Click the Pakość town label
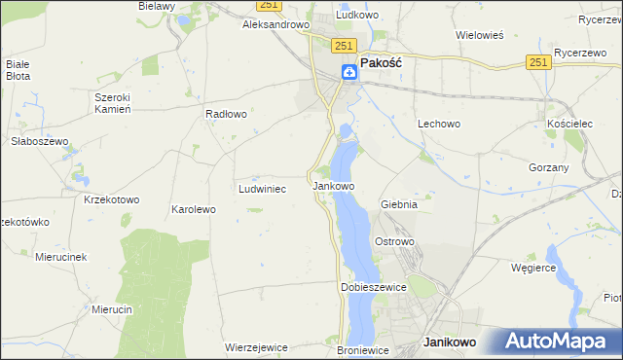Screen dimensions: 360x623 [x=383, y=61]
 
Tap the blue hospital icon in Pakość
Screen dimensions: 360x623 [x=348, y=72]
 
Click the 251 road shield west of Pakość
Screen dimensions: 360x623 [x=342, y=46]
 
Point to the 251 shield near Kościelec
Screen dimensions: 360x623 [x=540, y=61]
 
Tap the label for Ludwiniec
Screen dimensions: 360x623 [x=262, y=189]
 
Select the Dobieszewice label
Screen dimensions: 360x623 [x=372, y=288]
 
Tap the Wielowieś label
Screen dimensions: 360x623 [x=479, y=35]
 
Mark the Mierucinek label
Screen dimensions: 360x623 [x=61, y=257]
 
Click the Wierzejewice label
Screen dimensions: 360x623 [x=255, y=346]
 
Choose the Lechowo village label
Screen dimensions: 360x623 [x=438, y=124]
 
